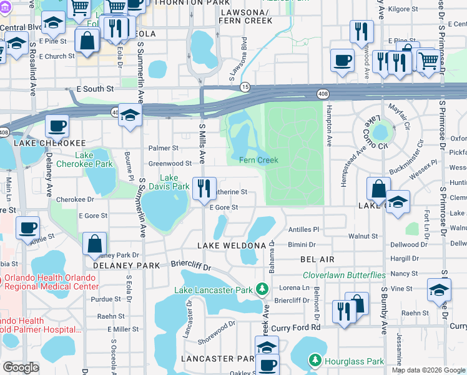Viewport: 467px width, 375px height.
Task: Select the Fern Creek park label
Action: pyautogui.click(x=258, y=161)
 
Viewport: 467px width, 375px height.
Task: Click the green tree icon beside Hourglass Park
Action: pyautogui.click(x=316, y=361)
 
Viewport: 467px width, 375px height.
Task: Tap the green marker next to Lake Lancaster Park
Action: pyautogui.click(x=263, y=289)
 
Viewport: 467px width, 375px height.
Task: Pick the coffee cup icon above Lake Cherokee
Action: pyautogui.click(x=57, y=125)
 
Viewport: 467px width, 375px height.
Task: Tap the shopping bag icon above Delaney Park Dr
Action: pyautogui.click(x=94, y=243)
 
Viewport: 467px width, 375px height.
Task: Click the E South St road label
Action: pyautogui.click(x=97, y=89)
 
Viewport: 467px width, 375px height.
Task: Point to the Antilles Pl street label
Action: pyautogui.click(x=303, y=229)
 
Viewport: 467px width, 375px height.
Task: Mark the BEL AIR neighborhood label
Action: pyautogui.click(x=317, y=259)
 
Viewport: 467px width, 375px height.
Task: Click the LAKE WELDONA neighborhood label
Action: pyautogui.click(x=230, y=246)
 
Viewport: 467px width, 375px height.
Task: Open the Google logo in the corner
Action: pyautogui.click(x=21, y=368)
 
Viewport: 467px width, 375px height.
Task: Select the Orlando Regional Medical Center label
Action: pyautogui.click(x=49, y=282)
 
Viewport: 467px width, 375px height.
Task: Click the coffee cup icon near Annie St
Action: pyautogui.click(x=27, y=227)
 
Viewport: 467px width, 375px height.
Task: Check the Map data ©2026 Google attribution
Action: pyautogui.click(x=428, y=370)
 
